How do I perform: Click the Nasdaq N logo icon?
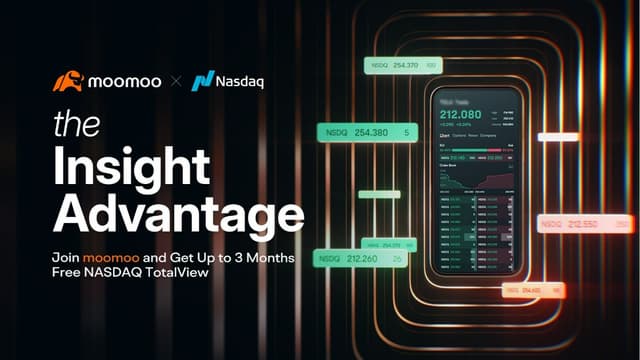point(204,81)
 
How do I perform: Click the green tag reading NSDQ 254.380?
point(366,132)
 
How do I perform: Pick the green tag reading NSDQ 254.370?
point(404,65)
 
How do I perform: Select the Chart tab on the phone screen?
point(445,136)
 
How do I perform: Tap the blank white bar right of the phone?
point(558,137)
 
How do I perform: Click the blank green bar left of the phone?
point(379,194)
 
